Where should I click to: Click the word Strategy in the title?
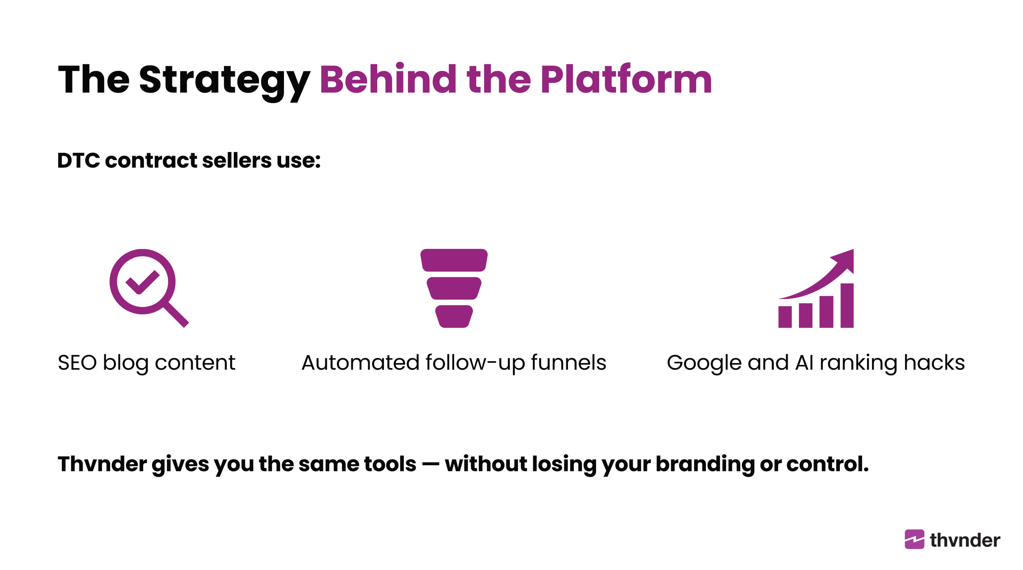coord(224,80)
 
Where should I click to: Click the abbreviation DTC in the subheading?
coord(79,161)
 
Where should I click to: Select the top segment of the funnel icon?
coord(454,260)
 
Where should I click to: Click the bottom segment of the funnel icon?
coord(454,316)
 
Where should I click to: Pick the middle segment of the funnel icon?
coord(454,288)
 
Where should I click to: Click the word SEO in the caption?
coord(77,363)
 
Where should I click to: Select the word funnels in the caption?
coord(568,363)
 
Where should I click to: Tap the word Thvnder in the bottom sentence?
coord(102,464)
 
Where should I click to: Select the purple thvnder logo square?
coord(914,539)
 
